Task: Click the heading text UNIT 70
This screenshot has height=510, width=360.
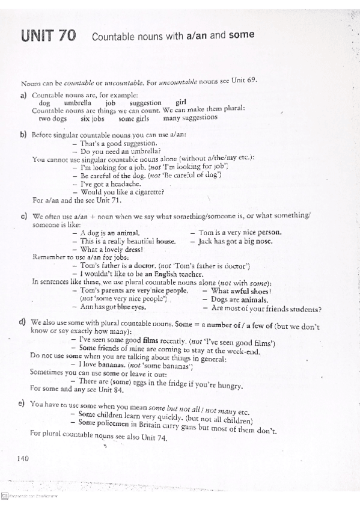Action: point(49,36)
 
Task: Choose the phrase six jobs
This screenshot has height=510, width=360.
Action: point(93,118)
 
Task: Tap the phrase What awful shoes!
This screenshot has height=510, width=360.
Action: point(239,290)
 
